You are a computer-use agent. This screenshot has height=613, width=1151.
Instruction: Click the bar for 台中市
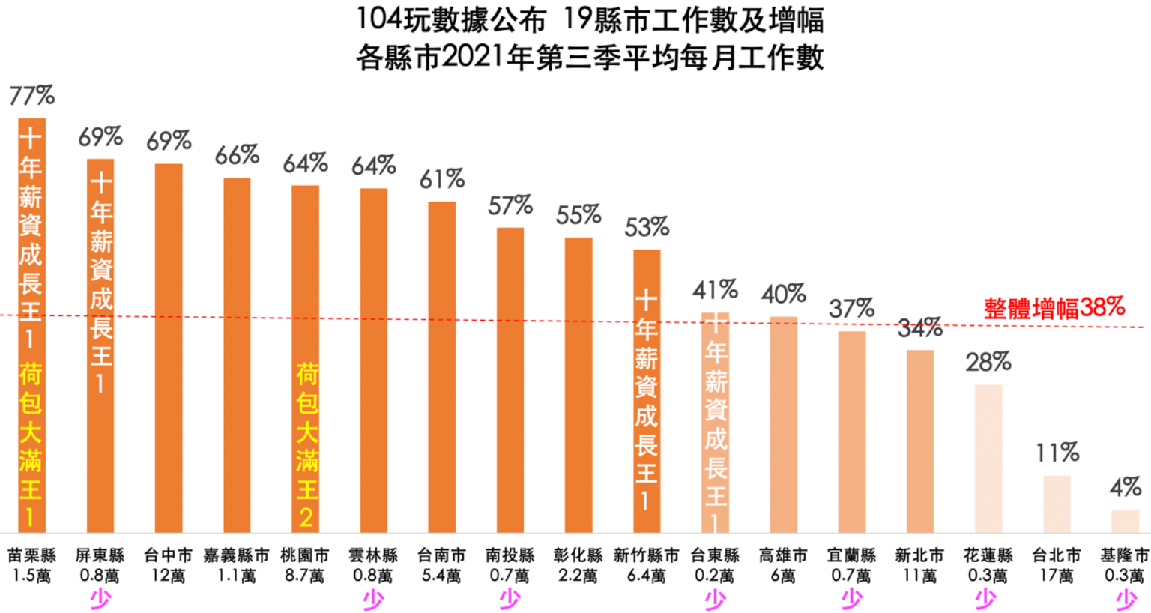pos(169,348)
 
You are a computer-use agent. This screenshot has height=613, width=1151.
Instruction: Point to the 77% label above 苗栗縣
pos(31,96)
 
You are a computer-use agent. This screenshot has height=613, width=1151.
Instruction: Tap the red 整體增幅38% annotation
pos(1054,307)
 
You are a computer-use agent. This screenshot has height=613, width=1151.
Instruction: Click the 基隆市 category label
pos(1124,555)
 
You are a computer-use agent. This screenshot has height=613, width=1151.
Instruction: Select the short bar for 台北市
pos(1057,504)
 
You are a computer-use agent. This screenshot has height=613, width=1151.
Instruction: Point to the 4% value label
pos(1125,488)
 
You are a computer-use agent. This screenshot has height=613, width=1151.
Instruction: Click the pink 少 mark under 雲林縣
pos(373,598)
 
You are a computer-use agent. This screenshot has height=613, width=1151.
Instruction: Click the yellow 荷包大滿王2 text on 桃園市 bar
pos(306,446)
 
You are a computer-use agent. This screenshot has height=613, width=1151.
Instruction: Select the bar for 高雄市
pos(783,424)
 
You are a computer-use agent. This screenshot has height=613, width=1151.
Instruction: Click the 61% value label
pos(441,179)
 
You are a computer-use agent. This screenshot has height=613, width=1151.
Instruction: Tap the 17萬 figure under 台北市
pos(1057,576)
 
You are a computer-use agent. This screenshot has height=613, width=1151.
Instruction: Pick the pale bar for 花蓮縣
pos(988,459)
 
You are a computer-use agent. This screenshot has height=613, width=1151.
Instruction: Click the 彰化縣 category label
pos(578,555)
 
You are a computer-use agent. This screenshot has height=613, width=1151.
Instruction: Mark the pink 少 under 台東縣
pos(715,598)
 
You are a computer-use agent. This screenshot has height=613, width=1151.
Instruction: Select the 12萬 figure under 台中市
pos(169,576)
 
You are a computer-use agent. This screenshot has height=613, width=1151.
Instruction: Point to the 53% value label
pos(647,227)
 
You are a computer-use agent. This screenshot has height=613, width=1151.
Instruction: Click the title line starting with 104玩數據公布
pos(590,20)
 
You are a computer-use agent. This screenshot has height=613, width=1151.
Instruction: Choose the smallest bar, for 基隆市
pos(1125,521)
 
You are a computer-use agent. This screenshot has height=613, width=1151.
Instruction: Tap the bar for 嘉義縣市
pos(237,355)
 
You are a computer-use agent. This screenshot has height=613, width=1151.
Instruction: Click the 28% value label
pos(988,363)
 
